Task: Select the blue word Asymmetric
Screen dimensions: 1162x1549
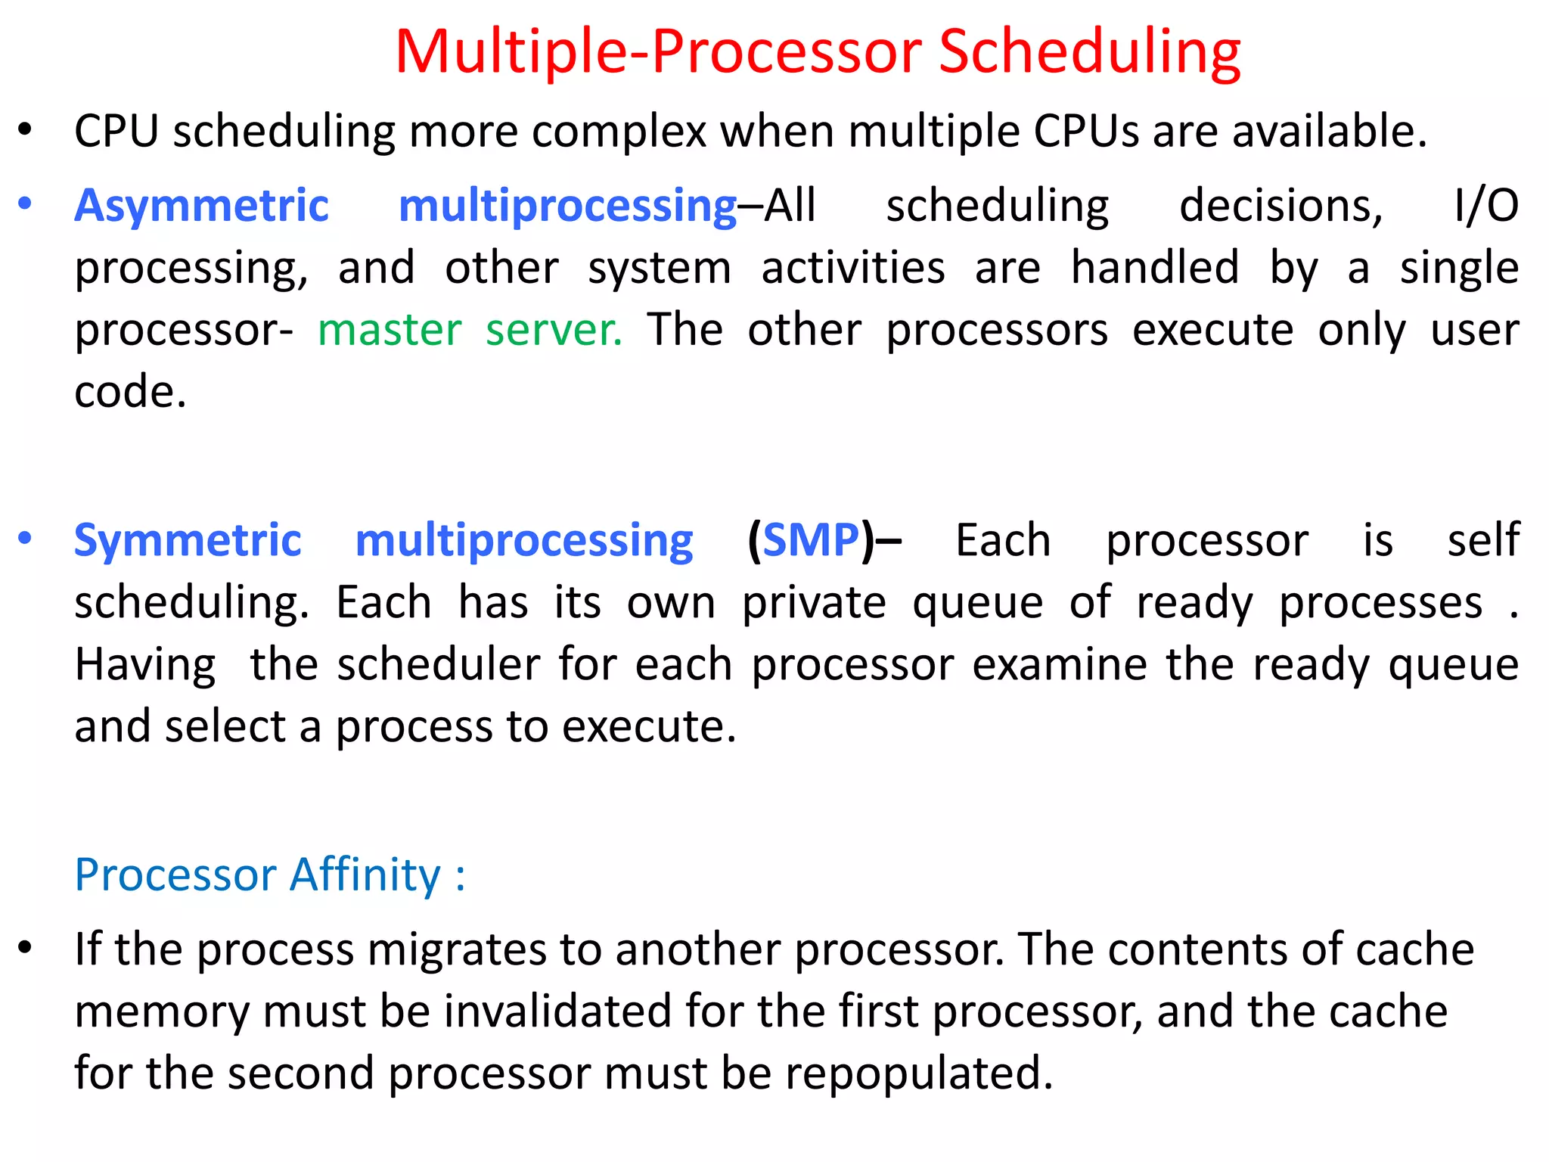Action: coord(201,206)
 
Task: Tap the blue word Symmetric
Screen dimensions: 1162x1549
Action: coord(188,541)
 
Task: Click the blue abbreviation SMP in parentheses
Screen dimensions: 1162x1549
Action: coord(811,541)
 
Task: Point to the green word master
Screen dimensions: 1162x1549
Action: coord(390,331)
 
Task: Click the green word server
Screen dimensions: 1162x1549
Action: coord(554,331)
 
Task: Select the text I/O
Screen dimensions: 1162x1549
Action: coord(1486,206)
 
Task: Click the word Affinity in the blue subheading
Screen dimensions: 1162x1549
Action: coord(365,875)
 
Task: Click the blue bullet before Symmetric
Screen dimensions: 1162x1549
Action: coord(25,539)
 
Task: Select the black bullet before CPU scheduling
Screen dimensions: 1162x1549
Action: coord(25,130)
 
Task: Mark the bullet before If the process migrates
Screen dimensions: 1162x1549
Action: coord(25,948)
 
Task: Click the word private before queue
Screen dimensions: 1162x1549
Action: coord(814,604)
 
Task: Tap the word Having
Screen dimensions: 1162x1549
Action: coord(145,666)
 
